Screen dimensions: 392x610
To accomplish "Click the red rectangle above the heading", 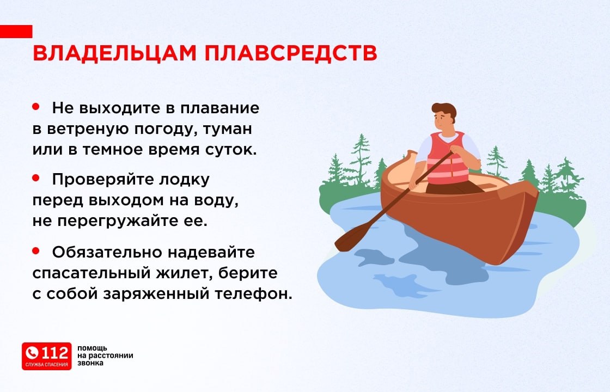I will [x=16, y=31].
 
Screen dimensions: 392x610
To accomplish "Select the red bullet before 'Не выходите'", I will [x=36, y=107].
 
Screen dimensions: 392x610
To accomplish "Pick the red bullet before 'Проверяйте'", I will [x=36, y=177].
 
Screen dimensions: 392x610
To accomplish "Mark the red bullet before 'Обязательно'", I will [x=36, y=250].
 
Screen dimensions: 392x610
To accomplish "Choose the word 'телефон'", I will [x=257, y=293].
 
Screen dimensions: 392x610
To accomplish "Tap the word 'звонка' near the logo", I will [x=90, y=363].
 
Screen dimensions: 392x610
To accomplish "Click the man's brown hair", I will [x=444, y=109].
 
